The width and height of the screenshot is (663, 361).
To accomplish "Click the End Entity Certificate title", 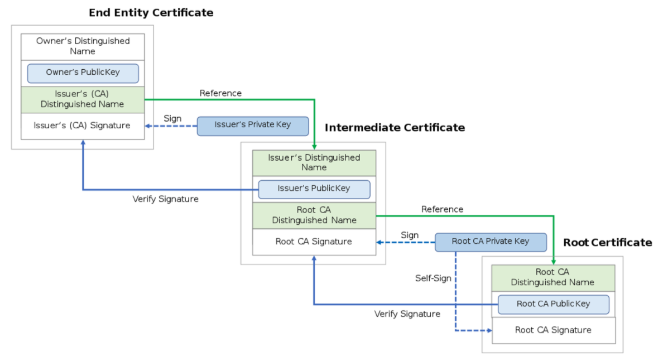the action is click(151, 13).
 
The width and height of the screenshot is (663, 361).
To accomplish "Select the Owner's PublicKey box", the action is click(83, 73).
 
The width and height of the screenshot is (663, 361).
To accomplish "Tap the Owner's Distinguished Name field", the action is click(83, 47).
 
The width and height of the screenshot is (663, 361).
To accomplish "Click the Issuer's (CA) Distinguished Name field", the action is click(83, 100).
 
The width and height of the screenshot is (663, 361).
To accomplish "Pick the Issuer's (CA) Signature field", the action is click(83, 126).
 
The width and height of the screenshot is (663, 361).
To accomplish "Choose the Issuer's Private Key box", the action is click(253, 126).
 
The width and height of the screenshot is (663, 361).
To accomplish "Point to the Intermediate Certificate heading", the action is click(395, 128).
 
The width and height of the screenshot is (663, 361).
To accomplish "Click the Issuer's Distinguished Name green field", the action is click(314, 163).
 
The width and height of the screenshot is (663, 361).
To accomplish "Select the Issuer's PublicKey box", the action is click(314, 189).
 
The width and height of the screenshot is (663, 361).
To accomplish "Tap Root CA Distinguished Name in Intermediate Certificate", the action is click(314, 215).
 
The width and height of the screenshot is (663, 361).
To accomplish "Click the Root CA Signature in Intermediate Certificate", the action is click(314, 242).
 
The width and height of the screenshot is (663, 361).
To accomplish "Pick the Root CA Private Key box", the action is click(491, 242).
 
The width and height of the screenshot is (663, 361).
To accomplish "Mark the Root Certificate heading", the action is click(608, 243).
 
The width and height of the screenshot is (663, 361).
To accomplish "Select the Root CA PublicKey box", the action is click(554, 304).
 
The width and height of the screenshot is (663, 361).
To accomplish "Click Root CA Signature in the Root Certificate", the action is click(554, 330).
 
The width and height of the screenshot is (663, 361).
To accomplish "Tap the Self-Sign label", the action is click(433, 278).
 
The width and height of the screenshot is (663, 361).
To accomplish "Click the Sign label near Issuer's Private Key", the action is click(172, 119).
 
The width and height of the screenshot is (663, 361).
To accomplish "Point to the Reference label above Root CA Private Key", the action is click(443, 209).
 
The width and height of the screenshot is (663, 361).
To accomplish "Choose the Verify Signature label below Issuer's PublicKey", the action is click(165, 199).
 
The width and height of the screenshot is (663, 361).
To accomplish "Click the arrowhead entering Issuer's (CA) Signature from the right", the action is click(147, 126).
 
